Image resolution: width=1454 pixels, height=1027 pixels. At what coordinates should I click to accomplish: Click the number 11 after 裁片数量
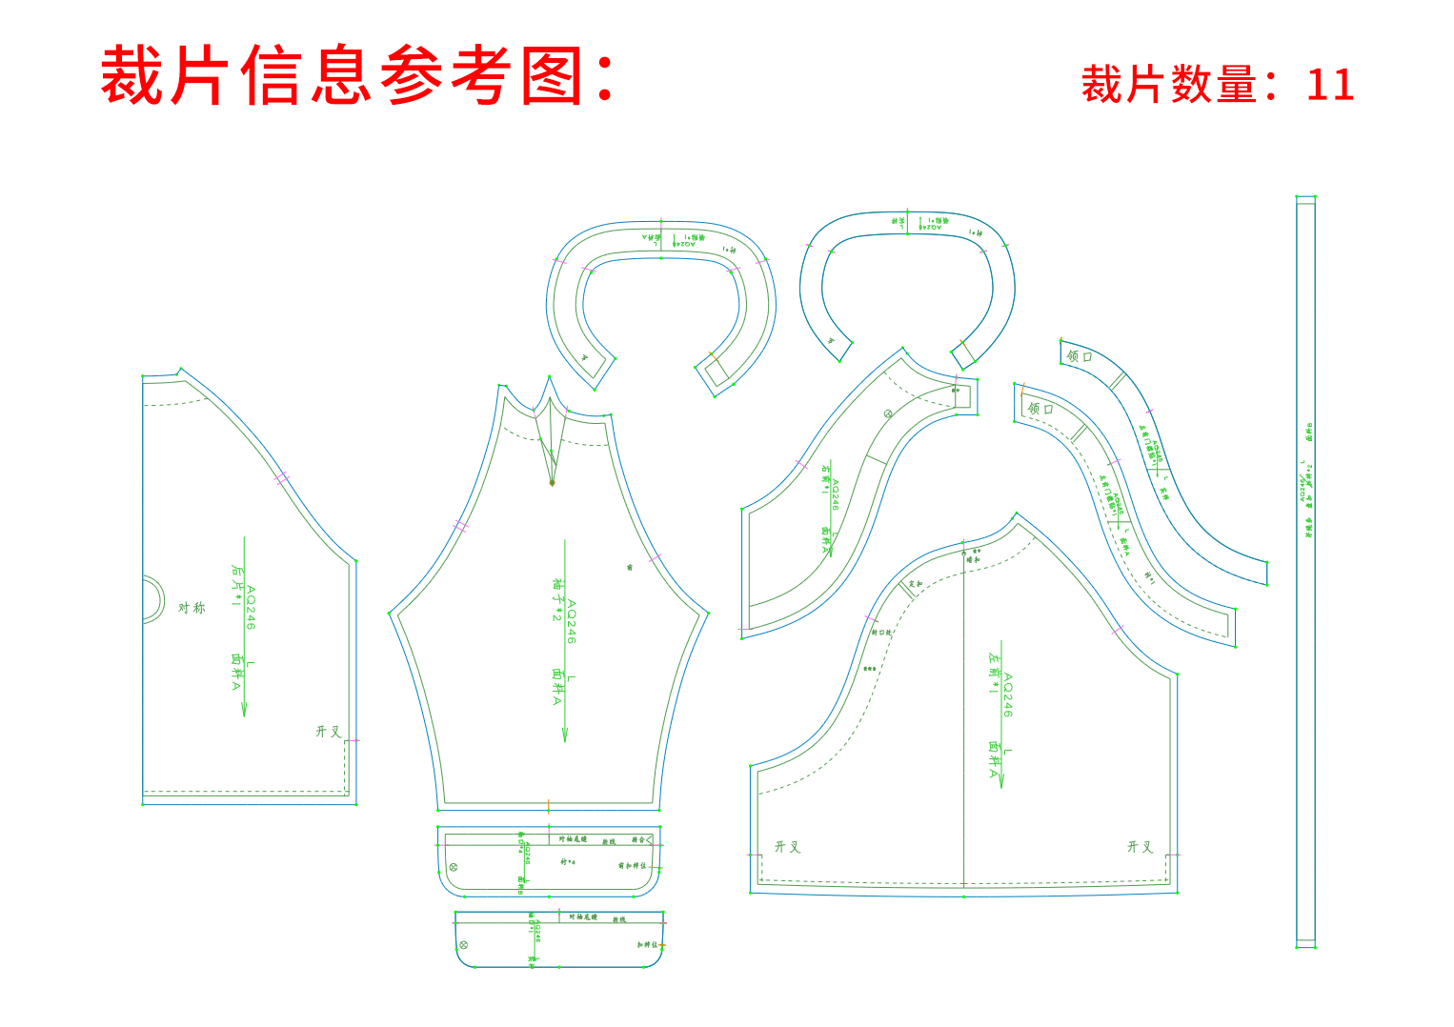click(x=1329, y=85)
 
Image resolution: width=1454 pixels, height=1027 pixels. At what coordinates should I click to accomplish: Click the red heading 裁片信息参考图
click(x=357, y=75)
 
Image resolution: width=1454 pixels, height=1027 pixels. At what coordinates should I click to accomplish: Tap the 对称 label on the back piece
click(x=192, y=607)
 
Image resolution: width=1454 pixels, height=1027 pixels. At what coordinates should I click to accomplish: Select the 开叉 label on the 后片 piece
click(x=328, y=732)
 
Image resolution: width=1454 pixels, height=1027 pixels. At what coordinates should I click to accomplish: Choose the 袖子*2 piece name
click(x=557, y=599)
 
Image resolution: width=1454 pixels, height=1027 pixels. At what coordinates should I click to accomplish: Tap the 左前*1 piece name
click(x=994, y=673)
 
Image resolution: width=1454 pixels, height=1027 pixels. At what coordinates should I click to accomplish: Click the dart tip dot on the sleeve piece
click(x=552, y=483)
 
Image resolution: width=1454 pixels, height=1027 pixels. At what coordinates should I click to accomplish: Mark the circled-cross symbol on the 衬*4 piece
click(x=453, y=867)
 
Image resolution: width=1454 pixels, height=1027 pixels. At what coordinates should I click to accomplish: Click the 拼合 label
click(x=637, y=840)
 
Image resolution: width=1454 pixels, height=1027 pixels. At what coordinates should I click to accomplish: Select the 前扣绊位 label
click(x=632, y=866)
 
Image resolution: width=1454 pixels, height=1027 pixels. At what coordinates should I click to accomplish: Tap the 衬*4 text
click(x=568, y=862)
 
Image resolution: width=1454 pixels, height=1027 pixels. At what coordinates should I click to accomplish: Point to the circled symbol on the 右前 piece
click(x=887, y=413)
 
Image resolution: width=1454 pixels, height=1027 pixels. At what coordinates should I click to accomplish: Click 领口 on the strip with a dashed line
click(x=1040, y=409)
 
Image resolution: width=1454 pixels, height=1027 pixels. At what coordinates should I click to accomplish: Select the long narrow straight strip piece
click(x=1305, y=572)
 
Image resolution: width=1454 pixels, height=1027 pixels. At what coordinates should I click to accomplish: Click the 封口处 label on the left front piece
click(x=881, y=633)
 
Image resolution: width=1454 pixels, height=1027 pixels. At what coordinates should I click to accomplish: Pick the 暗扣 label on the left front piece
click(x=869, y=669)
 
